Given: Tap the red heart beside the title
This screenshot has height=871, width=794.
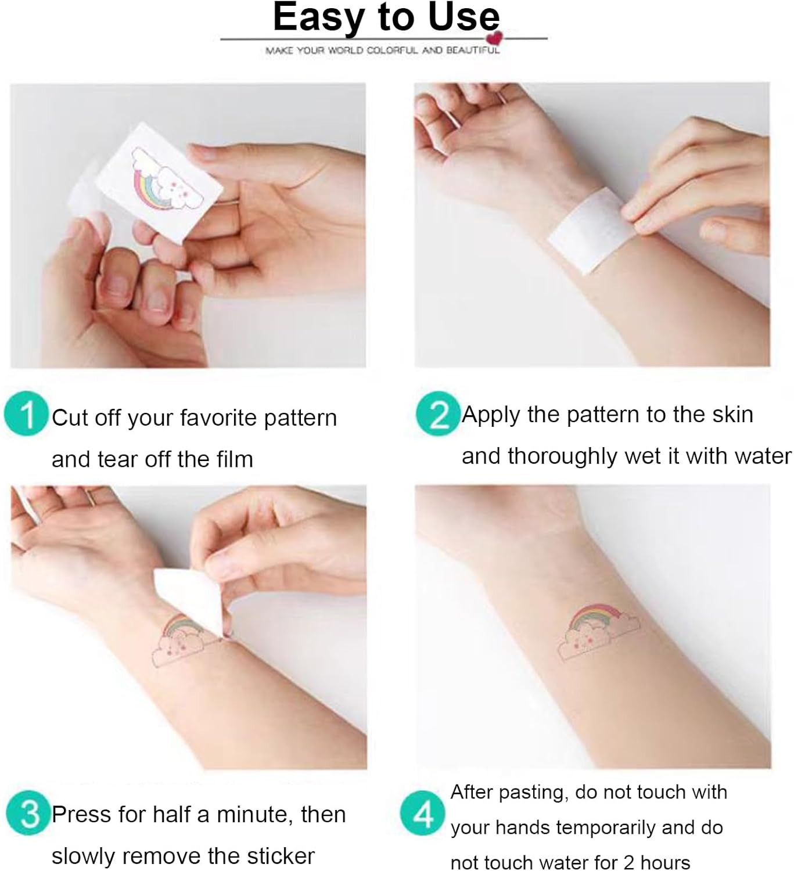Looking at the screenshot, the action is tap(494, 38).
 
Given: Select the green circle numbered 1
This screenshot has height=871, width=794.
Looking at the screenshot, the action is tap(26, 413).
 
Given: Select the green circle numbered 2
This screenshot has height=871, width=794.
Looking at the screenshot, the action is tap(438, 413).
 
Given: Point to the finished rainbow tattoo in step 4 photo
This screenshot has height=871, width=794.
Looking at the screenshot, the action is tap(599, 631).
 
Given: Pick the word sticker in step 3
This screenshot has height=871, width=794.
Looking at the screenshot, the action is tap(281, 856).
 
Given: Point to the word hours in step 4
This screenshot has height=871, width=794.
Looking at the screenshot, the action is tap(666, 862).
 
